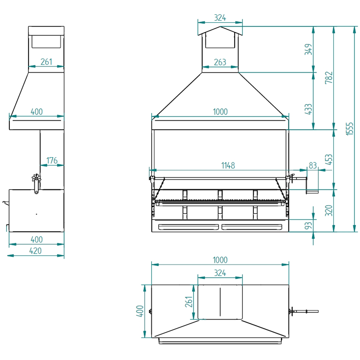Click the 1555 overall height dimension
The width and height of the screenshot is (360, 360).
coord(350,129)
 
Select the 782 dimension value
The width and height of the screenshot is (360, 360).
coord(329,78)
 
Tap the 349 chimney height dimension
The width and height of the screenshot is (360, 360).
coord(308,49)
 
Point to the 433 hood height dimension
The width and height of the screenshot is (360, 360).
coord(308,109)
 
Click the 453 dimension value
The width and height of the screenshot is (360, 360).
coord(329,160)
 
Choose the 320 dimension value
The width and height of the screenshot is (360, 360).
coord(329,211)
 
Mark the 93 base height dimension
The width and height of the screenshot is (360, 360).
coord(308,226)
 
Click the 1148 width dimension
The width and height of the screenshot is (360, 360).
coord(228,165)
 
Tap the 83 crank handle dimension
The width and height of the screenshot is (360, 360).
coord(313,165)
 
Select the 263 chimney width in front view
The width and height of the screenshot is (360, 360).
coord(220,62)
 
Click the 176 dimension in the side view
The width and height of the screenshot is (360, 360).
coord(52,160)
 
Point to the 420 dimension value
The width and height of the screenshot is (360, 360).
coord(35,251)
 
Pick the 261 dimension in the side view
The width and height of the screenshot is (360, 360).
coord(46,62)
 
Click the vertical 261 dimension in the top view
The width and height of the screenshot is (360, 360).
coord(189,302)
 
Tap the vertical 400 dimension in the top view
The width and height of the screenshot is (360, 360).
coord(140,311)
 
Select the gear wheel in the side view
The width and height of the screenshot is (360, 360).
coord(36,178)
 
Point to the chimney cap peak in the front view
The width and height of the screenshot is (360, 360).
coord(220,27)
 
